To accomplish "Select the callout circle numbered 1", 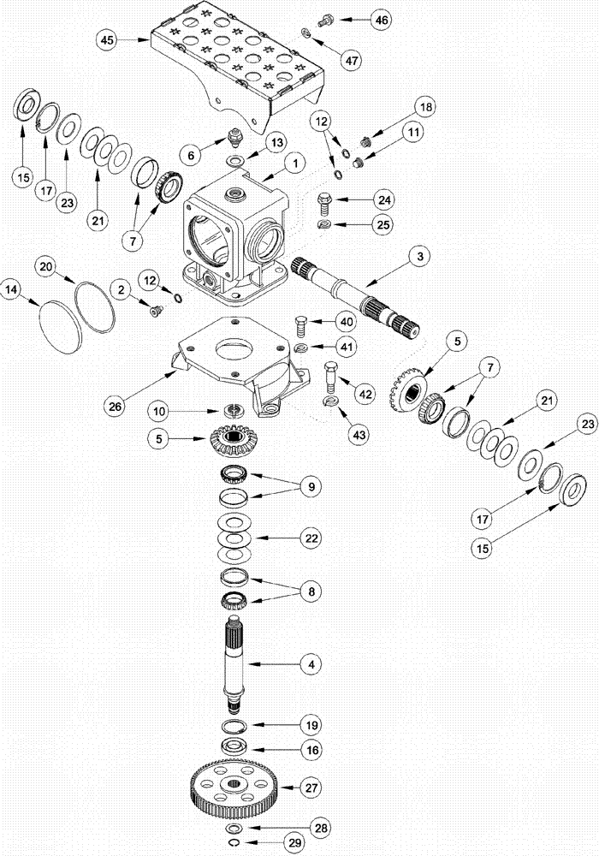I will (294, 161).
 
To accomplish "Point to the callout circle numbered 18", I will (425, 107).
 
